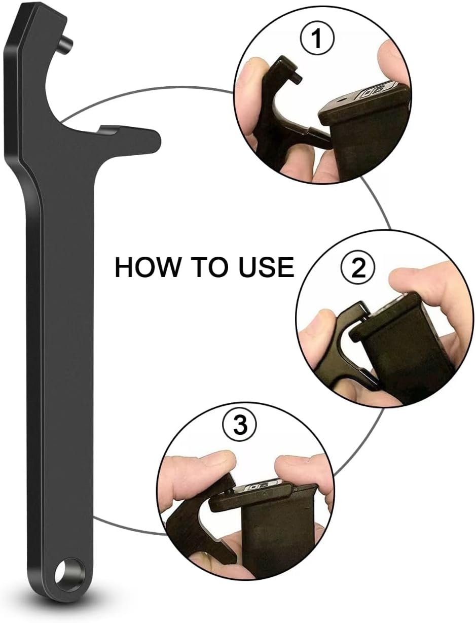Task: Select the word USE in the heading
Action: (x=266, y=267)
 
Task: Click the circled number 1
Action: (x=317, y=39)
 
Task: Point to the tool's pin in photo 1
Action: (x=298, y=76)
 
